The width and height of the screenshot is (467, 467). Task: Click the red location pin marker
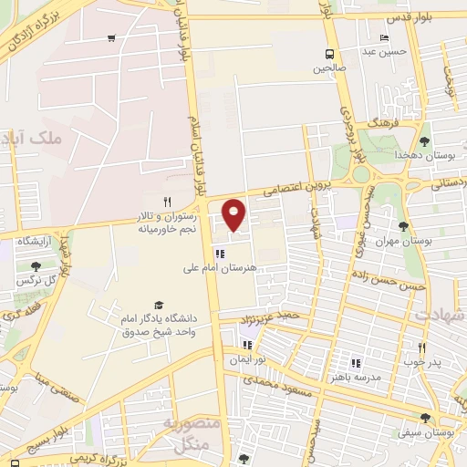234,213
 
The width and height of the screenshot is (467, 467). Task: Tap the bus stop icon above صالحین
329,53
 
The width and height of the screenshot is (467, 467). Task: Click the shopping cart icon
111,38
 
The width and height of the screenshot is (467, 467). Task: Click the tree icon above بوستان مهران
404,225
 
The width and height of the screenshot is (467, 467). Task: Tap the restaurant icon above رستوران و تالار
167,202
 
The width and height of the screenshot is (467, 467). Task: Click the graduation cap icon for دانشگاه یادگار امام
159,305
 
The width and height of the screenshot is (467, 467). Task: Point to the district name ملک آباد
57,139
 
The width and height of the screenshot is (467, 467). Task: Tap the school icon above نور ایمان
246,345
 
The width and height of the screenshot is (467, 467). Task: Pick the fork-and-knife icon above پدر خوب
422,348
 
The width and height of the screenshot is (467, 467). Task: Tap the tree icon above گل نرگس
36,266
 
